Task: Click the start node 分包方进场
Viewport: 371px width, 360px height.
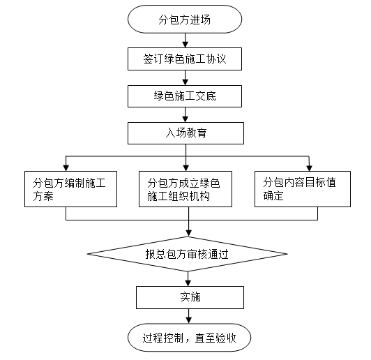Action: (185, 19)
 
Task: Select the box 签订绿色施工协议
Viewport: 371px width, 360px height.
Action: (185, 59)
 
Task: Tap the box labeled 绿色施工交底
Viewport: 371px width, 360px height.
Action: (185, 96)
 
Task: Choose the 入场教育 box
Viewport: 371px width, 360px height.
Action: (185, 133)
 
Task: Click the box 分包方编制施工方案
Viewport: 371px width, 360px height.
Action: (70, 189)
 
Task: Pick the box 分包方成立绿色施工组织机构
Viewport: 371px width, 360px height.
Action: (185, 189)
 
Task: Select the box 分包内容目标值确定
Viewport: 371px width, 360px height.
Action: (303, 189)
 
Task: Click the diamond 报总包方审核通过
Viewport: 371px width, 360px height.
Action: (188, 254)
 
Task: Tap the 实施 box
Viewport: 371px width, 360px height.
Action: (190, 297)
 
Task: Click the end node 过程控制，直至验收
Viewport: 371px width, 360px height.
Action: (189, 338)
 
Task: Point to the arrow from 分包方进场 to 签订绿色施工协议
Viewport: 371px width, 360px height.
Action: (185, 40)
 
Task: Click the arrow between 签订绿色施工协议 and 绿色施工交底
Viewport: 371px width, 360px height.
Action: (185, 78)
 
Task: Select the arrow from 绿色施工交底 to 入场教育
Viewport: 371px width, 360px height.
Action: (185, 115)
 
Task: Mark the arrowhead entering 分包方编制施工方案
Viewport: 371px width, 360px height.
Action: (66, 168)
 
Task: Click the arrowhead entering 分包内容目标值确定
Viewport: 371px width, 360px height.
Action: (309, 168)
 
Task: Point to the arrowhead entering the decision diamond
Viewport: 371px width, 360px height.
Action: (188, 233)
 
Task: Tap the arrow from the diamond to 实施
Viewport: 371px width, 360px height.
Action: (188, 279)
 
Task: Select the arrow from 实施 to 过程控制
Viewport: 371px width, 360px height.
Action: (188, 316)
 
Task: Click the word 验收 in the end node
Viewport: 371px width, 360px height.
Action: (226, 338)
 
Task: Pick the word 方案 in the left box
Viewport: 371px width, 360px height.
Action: (43, 196)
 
